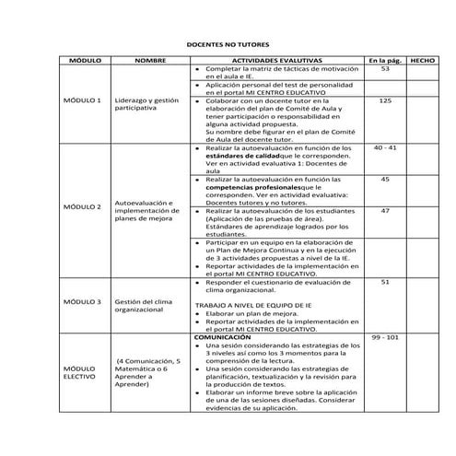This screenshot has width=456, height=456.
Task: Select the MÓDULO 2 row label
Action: (81, 206)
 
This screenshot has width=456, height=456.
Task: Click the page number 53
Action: (385, 69)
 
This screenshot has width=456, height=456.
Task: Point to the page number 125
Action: (385, 100)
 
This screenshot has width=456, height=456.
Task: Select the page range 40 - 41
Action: (385, 147)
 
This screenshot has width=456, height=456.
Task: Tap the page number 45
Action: (385, 179)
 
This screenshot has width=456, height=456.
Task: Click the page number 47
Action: (385, 211)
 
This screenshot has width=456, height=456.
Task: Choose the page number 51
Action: (385, 282)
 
